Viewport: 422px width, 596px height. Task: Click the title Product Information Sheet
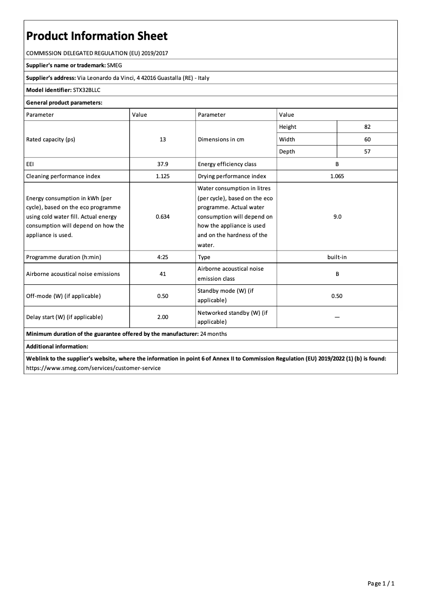click(x=97, y=36)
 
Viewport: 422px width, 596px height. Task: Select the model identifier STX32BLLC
click(x=87, y=90)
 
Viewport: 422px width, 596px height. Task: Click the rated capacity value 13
click(x=163, y=139)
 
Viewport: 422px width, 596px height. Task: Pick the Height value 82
click(x=367, y=127)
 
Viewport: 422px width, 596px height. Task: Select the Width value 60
click(x=367, y=139)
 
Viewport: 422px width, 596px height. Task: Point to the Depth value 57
click(x=367, y=151)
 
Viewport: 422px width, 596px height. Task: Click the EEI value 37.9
click(x=163, y=164)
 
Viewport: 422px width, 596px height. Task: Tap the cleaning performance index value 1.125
click(x=163, y=176)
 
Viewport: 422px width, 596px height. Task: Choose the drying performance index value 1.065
click(x=337, y=176)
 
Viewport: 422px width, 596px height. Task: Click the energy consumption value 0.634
click(x=163, y=217)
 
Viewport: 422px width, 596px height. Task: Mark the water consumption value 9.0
click(x=337, y=217)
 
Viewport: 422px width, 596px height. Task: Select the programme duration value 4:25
click(x=163, y=257)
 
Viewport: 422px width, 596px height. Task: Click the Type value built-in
click(x=337, y=257)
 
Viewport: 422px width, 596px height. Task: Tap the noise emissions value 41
click(x=163, y=274)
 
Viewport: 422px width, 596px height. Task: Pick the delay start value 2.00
click(x=163, y=317)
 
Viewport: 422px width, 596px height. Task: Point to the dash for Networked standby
click(x=337, y=317)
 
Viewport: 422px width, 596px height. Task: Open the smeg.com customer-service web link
click(x=93, y=368)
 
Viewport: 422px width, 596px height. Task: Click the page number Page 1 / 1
click(x=381, y=583)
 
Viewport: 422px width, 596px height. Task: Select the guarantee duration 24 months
click(x=214, y=334)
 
